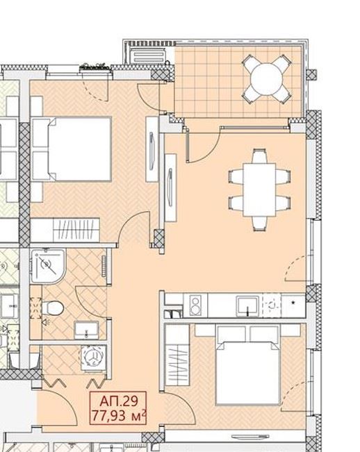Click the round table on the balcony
267,78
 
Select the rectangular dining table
259,190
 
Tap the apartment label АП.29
119,401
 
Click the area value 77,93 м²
119,416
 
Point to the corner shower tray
48,266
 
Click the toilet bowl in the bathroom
53,308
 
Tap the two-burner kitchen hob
195,305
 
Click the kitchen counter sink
247,306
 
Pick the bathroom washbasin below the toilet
87,330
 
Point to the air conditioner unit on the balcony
149,56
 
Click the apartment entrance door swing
58,407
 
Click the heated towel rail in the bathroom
104,267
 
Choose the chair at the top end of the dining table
259,156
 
